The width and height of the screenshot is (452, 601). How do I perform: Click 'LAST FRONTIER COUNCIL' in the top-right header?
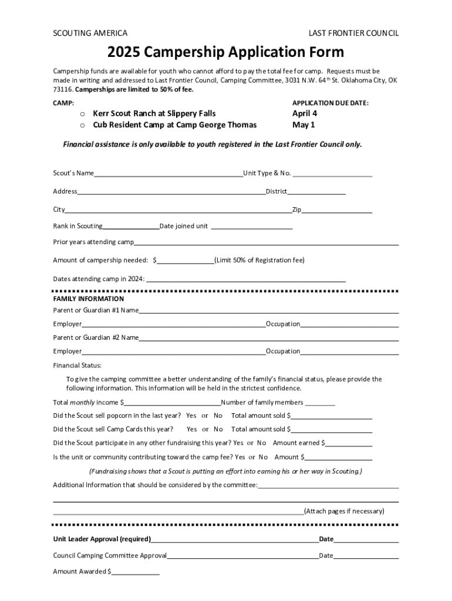coord(353,33)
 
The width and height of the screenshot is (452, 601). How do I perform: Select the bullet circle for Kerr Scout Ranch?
coord(83,114)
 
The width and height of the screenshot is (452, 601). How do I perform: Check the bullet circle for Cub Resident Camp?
coord(83,126)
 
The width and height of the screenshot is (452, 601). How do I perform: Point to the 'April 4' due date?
coord(305,113)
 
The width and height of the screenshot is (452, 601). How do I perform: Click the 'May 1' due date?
coord(303,125)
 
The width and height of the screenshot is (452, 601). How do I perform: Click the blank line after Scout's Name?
coord(168,174)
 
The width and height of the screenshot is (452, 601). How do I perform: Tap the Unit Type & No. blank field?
coord(332,174)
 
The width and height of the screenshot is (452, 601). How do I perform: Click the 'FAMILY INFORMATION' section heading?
coord(89,299)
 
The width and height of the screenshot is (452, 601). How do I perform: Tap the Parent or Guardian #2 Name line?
coord(269,339)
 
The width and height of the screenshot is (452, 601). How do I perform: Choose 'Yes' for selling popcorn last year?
coord(191,416)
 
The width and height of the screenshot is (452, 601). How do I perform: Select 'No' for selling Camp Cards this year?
coord(218,430)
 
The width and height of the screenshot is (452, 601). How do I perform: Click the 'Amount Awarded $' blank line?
coord(136,572)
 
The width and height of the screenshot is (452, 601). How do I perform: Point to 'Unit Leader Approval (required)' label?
coord(102,539)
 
